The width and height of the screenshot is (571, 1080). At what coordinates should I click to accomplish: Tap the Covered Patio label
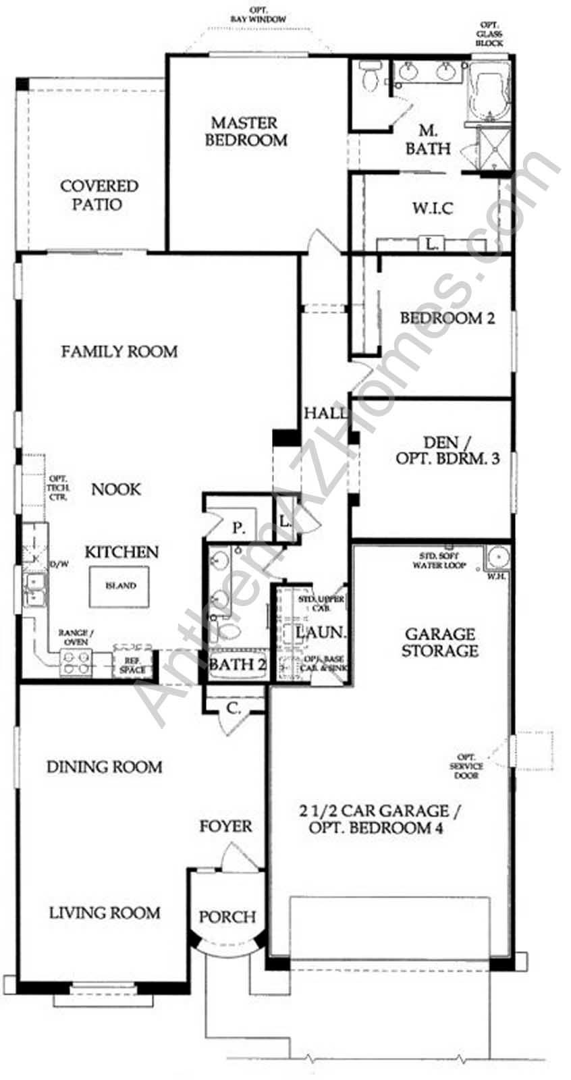click(99, 194)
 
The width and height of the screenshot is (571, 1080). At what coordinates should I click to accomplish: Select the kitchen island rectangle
click(121, 586)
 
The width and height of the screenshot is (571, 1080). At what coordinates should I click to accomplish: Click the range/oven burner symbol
click(76, 664)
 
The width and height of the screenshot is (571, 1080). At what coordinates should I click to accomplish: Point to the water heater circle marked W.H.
click(498, 558)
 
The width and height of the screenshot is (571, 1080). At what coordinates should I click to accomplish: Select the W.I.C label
click(433, 208)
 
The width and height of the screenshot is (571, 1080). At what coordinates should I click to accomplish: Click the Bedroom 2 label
click(447, 318)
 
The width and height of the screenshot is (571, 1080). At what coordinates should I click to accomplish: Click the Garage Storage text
click(440, 642)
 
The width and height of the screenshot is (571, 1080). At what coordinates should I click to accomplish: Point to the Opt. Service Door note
click(466, 766)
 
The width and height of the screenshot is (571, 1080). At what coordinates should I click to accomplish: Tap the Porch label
click(227, 917)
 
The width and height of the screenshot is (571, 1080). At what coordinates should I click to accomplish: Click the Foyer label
click(225, 826)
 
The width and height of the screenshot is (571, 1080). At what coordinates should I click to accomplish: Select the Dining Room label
click(104, 767)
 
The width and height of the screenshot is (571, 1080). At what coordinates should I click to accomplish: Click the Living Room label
click(105, 913)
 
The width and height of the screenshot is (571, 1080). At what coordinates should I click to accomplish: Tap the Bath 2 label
click(237, 664)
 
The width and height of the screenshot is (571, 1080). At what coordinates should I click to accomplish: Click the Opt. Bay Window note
click(258, 15)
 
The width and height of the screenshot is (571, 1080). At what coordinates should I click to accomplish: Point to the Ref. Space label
click(132, 666)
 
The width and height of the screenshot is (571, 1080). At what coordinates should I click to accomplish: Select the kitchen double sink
click(32, 589)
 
